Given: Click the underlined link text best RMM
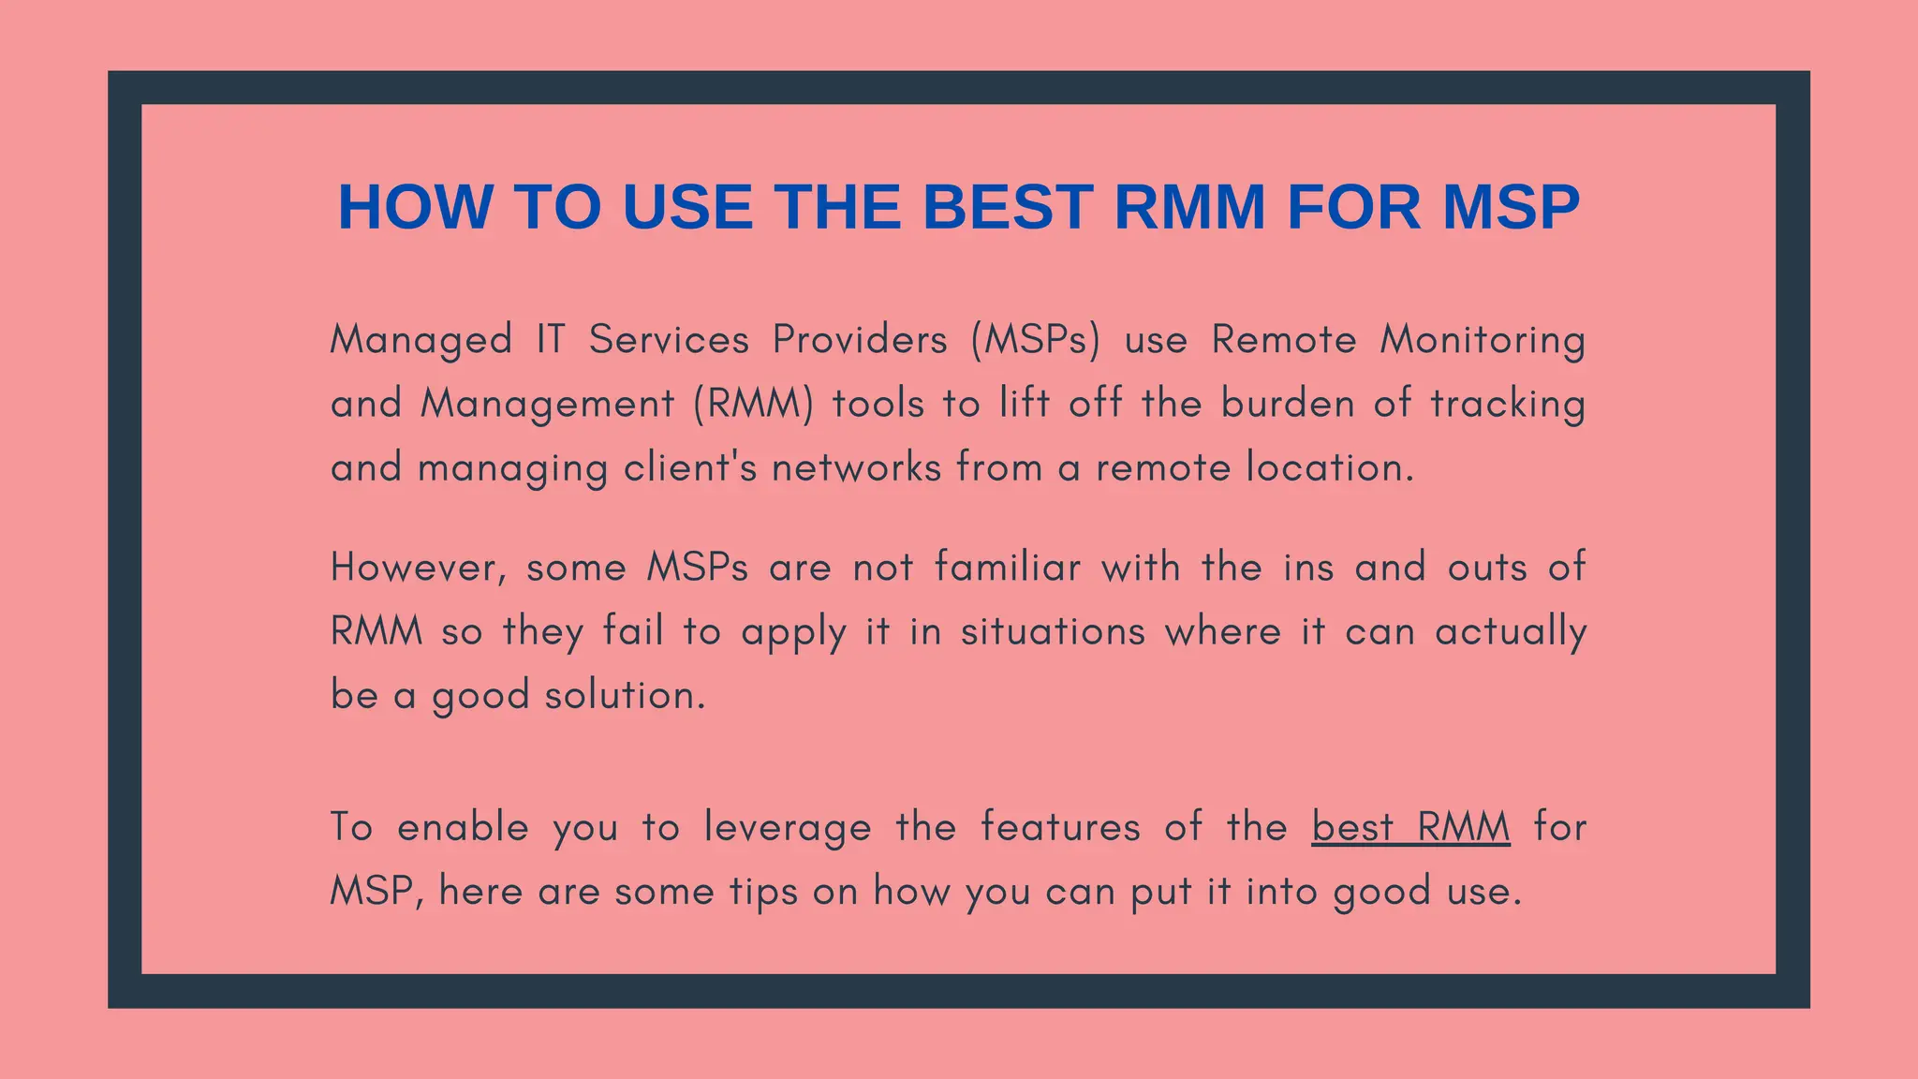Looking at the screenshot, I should (x=1410, y=828).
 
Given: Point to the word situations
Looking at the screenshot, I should (x=1053, y=632).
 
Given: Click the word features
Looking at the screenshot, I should (x=1060, y=828).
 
